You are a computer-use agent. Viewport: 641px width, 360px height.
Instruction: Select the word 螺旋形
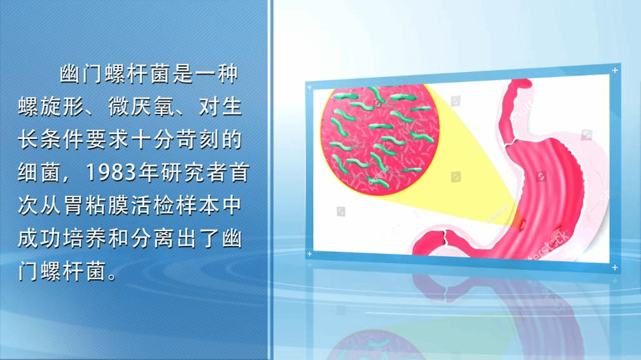tap(51, 107)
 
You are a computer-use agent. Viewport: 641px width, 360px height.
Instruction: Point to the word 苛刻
tap(198, 140)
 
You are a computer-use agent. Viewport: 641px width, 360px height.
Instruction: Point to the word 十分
tap(153, 140)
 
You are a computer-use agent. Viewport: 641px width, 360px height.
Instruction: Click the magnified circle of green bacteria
tap(379, 139)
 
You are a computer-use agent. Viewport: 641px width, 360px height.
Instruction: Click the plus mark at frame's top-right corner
tap(615, 70)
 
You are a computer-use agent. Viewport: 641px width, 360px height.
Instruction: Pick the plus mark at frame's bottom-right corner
tap(615, 267)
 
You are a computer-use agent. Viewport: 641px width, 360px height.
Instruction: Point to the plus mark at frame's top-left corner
tap(309, 87)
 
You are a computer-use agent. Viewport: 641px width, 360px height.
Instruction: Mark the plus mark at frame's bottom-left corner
tap(309, 254)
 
